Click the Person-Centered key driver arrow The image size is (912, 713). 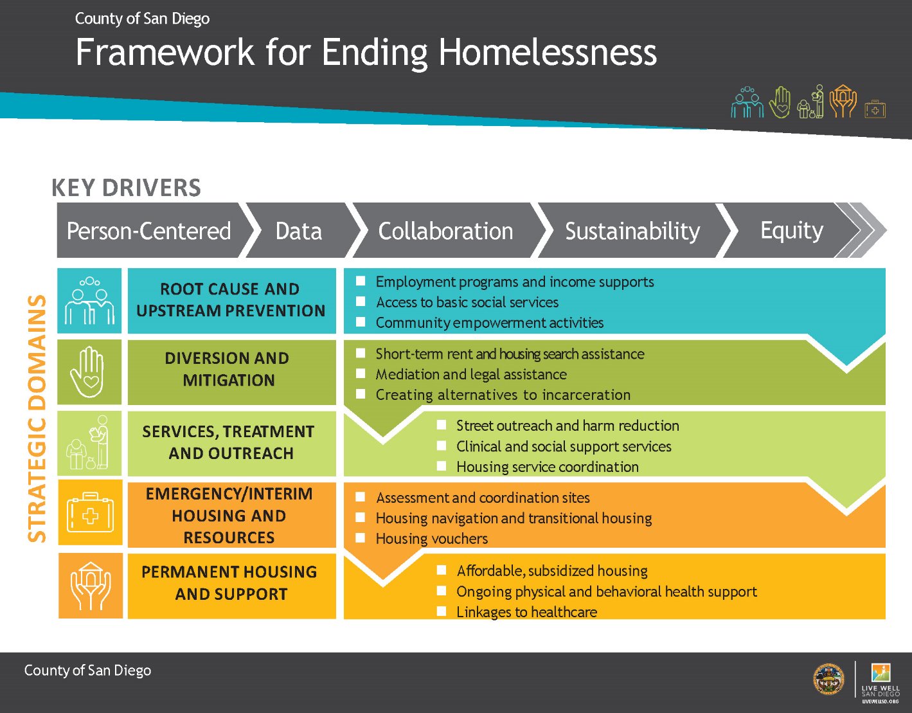[148, 231]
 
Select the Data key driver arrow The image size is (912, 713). [298, 231]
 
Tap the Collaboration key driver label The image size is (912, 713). [445, 231]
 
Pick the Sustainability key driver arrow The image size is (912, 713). [632, 231]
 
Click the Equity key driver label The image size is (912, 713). [791, 230]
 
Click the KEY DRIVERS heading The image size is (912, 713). [126, 188]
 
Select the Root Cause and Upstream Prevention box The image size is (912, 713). [231, 300]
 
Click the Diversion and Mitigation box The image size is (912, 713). [228, 370]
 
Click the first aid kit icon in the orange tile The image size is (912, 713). [90, 513]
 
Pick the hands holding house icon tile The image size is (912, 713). [90, 586]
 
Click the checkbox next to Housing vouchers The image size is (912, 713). [361, 538]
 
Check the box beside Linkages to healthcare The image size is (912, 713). [442, 611]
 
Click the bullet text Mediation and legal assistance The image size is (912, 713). [470, 374]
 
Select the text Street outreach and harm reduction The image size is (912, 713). [567, 426]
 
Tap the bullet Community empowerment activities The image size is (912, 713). [489, 323]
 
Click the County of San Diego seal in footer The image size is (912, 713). [829, 679]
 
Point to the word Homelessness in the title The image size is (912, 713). [548, 53]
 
